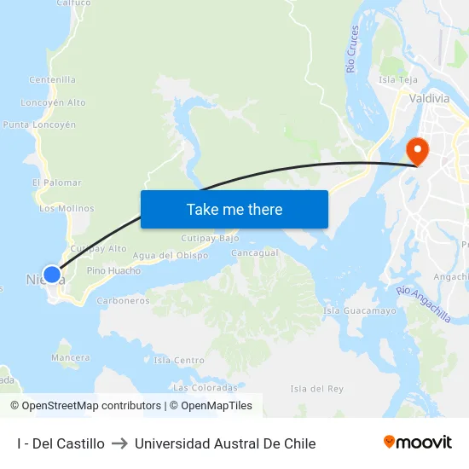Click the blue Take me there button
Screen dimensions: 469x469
coord(234,209)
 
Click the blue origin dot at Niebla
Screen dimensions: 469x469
coord(52,275)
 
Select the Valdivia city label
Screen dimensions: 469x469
coord(429,99)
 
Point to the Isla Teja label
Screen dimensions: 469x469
coord(397,80)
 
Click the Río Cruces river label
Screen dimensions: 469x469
coord(354,49)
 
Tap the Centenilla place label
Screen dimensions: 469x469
coord(53,80)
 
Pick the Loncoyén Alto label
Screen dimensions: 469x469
coord(54,102)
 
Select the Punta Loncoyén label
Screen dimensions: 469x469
coord(39,124)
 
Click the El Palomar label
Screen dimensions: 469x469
coord(56,182)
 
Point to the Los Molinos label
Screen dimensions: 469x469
coord(67,208)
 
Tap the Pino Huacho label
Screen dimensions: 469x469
coord(113,270)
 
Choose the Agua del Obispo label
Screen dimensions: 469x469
coord(171,256)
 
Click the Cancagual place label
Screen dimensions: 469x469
coord(255,253)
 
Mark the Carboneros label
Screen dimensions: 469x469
coord(124,300)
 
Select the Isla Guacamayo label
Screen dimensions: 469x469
coord(360,311)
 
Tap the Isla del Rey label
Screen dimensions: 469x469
coord(316,389)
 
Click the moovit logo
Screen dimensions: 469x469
coord(418,443)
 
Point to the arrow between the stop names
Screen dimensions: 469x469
coord(119,443)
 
